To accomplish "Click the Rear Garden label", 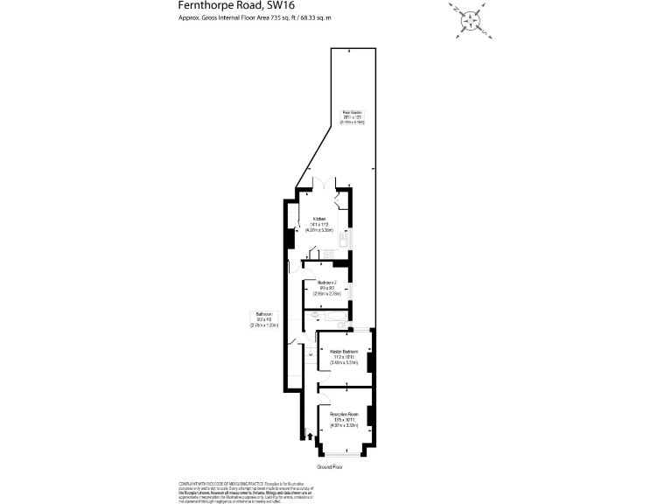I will [353, 116].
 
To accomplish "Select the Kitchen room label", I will [320, 222].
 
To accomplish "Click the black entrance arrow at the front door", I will [310, 435].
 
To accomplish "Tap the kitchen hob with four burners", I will [330, 254].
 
